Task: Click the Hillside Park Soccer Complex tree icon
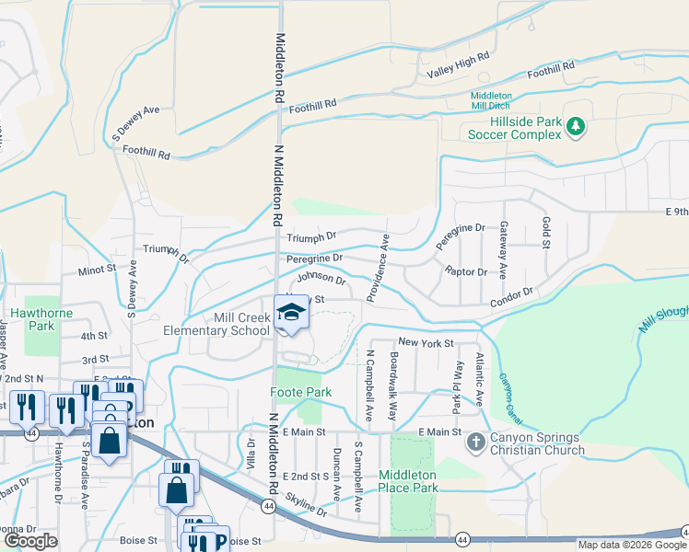576,126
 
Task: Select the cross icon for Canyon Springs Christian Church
476,443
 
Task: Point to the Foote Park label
300,393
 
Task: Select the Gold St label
545,233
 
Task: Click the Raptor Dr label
465,272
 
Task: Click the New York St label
426,343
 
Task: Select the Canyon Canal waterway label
509,392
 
